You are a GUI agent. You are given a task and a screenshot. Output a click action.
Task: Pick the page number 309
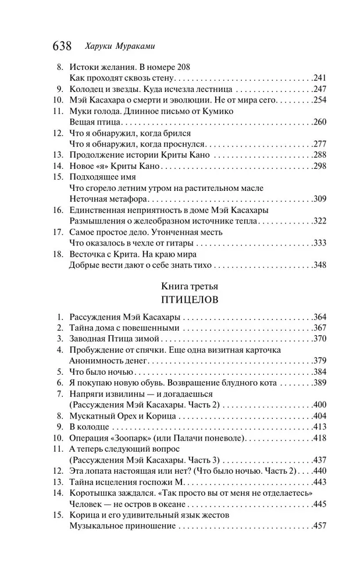pos(319,199)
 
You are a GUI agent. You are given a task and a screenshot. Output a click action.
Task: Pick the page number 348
pos(319,265)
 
